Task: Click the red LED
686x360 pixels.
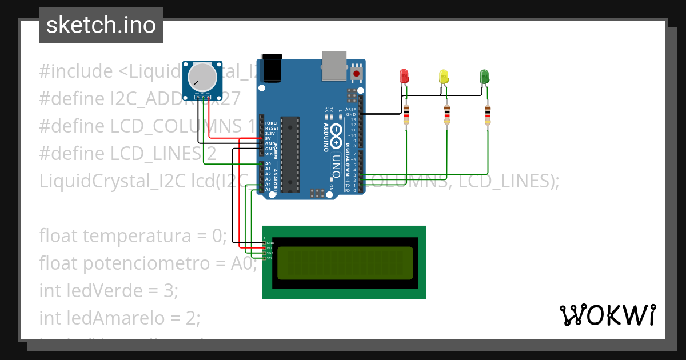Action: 404,76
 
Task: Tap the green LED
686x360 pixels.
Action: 484,76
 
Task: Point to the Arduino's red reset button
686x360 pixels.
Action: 357,73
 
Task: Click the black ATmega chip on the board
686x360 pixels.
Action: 290,154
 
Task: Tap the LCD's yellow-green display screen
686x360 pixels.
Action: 345,263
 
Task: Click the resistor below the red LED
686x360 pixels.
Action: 406,115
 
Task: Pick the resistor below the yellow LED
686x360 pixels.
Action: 447,115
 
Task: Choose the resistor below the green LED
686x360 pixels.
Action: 488,115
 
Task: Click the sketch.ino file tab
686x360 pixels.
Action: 101,25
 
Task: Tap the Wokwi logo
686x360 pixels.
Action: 607,315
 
